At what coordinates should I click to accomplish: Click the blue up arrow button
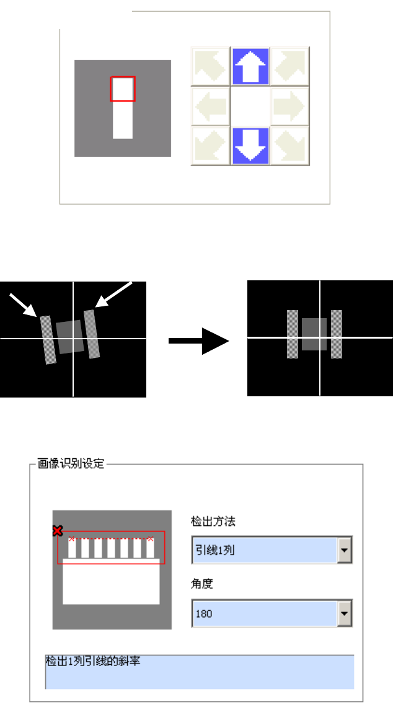tap(250, 66)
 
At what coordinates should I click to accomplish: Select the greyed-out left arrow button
tap(210, 106)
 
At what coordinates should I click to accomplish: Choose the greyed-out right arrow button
tap(289, 106)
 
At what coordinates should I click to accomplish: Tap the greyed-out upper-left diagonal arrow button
tap(210, 66)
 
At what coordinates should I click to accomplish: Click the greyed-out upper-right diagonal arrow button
tap(289, 66)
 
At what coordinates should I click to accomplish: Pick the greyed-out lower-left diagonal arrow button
tap(210, 146)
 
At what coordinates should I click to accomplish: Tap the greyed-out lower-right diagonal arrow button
tap(289, 146)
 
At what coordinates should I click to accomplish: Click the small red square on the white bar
tap(123, 89)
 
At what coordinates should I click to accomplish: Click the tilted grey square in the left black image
tap(69, 337)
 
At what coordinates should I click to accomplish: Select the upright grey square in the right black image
tap(314, 335)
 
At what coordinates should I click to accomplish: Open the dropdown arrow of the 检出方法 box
tap(345, 550)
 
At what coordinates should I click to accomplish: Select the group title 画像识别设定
tap(69, 462)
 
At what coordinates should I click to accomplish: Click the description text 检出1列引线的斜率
tap(94, 661)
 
